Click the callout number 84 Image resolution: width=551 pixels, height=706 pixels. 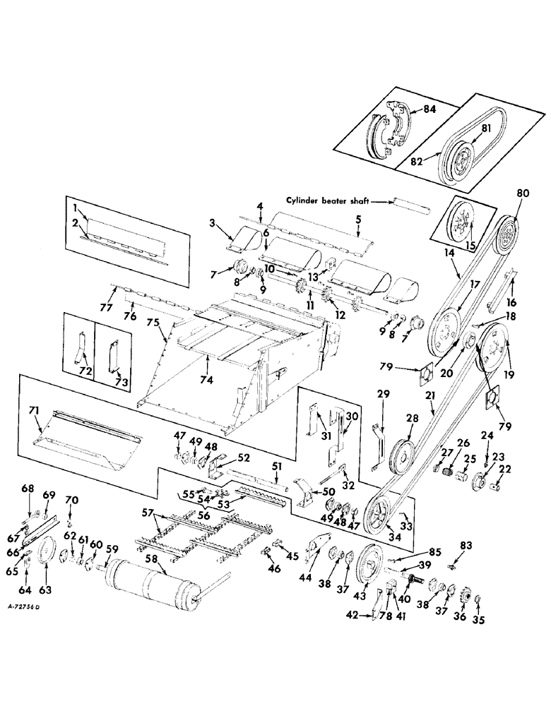click(x=429, y=108)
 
